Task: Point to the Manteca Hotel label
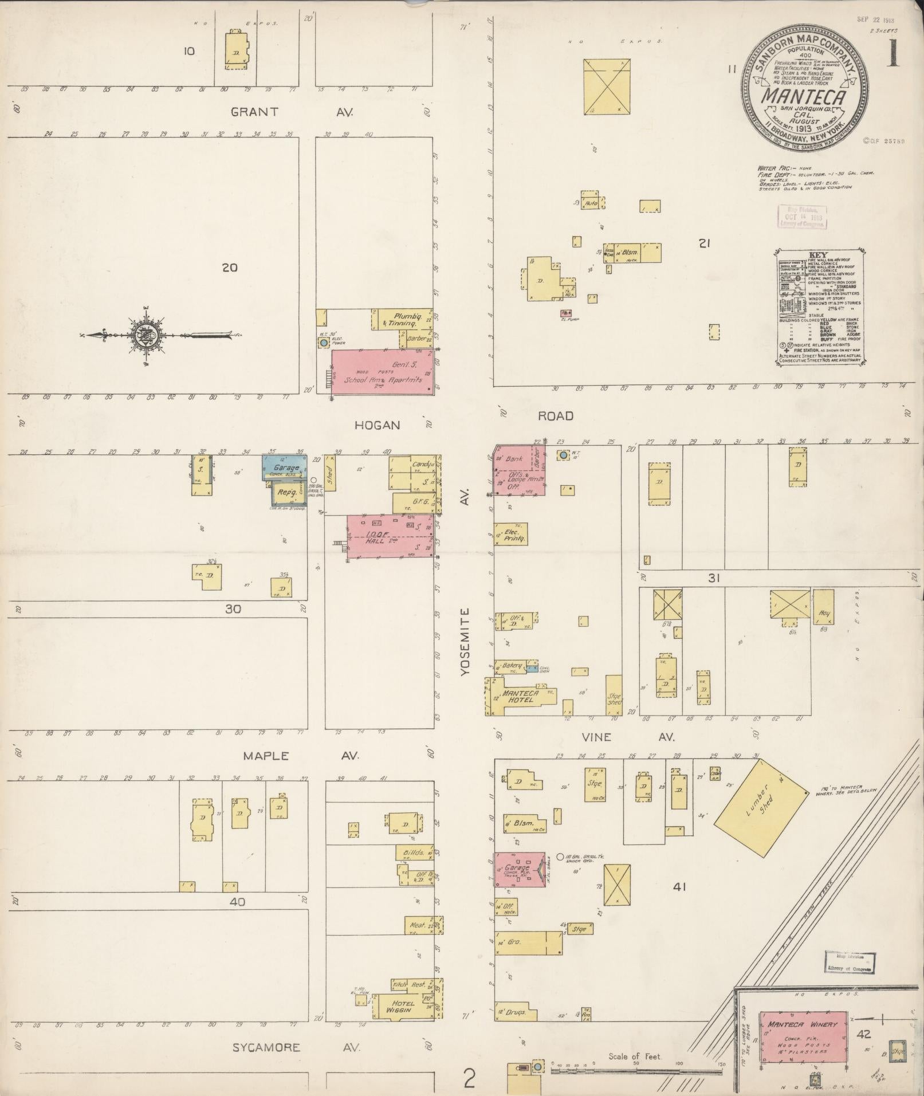[x=518, y=696]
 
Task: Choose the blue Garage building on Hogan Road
[x=284, y=467]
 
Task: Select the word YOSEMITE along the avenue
[x=465, y=642]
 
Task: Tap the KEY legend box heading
[x=816, y=255]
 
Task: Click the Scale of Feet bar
[x=636, y=1069]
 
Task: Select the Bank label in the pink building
[x=514, y=459]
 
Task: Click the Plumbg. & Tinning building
[x=404, y=320]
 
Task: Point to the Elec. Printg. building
[x=511, y=535]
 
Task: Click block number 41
[x=680, y=887]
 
